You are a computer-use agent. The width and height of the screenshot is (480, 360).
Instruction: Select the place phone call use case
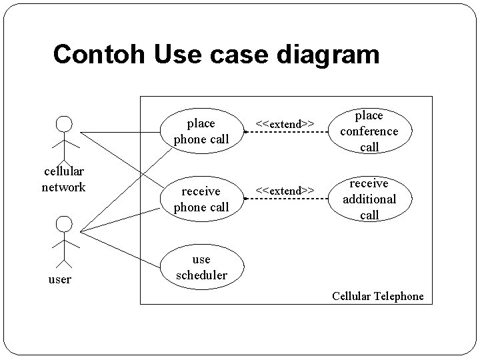(201, 131)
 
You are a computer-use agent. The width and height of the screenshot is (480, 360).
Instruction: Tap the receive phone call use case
(201, 199)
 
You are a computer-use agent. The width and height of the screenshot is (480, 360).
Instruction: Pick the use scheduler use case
(201, 267)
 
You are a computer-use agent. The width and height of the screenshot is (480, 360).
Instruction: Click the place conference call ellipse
(369, 131)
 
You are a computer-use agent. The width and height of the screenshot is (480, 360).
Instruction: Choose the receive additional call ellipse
(369, 199)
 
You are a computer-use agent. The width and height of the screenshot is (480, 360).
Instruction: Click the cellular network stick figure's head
(64, 124)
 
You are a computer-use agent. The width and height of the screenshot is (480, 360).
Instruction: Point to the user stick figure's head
(64, 224)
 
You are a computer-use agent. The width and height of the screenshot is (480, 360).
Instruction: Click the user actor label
(60, 279)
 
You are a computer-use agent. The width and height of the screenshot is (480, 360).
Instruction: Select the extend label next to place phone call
(286, 123)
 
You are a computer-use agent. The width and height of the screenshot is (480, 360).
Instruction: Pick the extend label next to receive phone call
(286, 191)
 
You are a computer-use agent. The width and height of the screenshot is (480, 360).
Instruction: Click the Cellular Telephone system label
(377, 296)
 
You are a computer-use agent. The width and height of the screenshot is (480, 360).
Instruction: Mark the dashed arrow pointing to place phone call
(287, 133)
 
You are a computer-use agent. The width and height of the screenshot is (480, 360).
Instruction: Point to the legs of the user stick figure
(64, 255)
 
